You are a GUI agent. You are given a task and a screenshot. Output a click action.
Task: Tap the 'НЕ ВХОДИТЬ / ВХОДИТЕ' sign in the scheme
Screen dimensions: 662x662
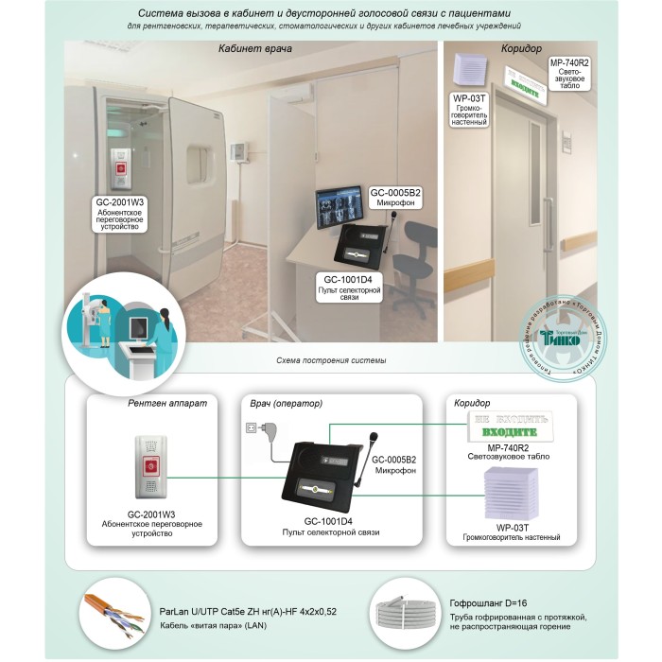510,425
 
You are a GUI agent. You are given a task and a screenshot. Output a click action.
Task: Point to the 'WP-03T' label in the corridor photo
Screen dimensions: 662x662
469,97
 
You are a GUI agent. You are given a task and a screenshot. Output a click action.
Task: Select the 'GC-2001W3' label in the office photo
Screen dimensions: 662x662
121,201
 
